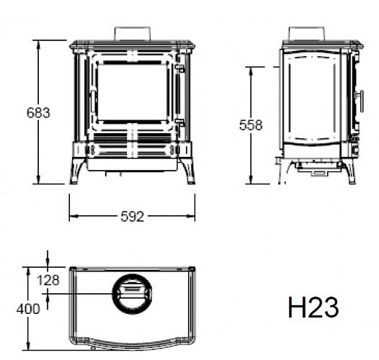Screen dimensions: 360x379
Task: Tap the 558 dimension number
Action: (250, 125)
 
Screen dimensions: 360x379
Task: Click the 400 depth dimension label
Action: (28, 309)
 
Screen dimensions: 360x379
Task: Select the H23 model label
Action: (313, 307)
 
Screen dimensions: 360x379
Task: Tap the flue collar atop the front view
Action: (133, 35)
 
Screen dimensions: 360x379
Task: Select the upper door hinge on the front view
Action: (180, 70)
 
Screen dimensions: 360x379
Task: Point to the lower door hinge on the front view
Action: (180, 123)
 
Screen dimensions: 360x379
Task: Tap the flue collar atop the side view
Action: (306, 34)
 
